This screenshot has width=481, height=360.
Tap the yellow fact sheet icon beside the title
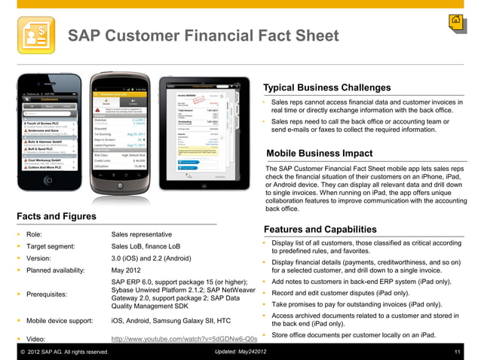point(35,35)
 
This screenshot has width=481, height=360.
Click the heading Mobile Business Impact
point(320,154)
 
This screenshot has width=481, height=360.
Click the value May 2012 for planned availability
point(126,270)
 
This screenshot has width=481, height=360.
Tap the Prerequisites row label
point(51,294)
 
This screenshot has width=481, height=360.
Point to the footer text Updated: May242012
point(240,352)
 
